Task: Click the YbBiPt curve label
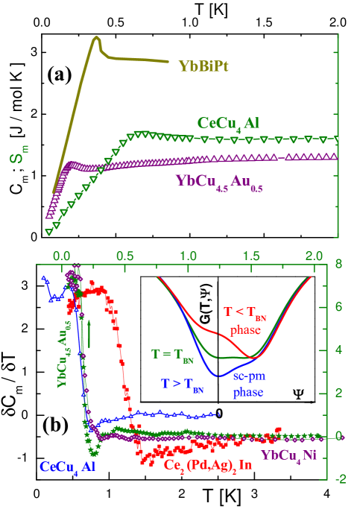click(203, 66)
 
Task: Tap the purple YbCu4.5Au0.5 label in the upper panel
click(218, 181)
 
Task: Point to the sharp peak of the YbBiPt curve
click(96, 38)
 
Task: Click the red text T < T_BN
click(245, 313)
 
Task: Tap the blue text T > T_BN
click(183, 385)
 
